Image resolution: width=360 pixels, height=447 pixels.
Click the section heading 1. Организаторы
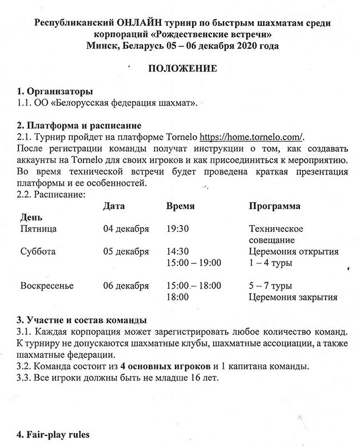coord(54,91)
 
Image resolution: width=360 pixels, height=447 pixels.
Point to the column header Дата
coord(114,206)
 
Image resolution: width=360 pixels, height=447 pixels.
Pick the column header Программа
coord(275,206)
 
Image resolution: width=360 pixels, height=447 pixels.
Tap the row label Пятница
coord(38,228)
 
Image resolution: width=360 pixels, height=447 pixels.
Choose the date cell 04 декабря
coord(126,228)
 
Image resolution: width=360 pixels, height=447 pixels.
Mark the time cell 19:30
coord(178,228)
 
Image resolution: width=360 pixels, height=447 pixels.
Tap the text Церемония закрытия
coord(293,297)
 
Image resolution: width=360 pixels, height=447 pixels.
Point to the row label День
coord(30,217)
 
